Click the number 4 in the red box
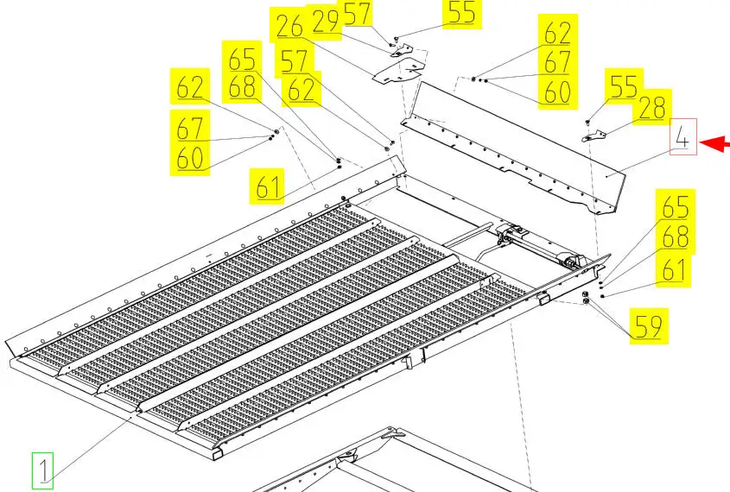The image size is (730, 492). pos(683,136)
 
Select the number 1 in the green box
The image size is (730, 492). pos(43,470)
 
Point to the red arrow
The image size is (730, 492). pos(714,143)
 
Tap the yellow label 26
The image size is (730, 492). pos(289,26)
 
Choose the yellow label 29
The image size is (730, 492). pos(326,21)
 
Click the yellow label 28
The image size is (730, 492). pos(652,107)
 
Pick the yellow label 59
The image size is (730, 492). pos(649,326)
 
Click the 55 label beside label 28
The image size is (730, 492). pos(624,85)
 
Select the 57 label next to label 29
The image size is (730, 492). pos(357,13)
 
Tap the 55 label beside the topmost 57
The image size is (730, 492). pos(462,13)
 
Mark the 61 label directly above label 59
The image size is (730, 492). pos(673,269)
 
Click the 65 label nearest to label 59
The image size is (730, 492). pos(676,206)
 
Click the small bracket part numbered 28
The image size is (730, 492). pos(594,136)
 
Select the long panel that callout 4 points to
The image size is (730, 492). pos(512,148)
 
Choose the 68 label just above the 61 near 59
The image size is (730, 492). pos(676,237)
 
